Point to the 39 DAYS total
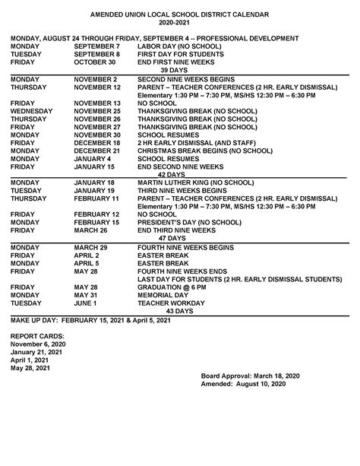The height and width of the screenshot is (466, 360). click(x=179, y=71)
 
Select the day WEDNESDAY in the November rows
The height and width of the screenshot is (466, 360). click(x=33, y=110)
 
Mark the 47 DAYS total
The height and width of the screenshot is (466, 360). click(x=181, y=237)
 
